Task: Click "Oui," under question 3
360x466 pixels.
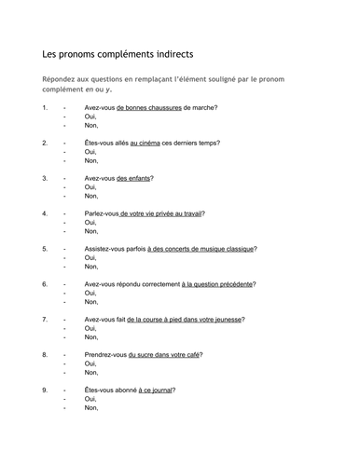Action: pyautogui.click(x=90, y=187)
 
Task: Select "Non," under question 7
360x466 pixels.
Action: pyautogui.click(x=91, y=337)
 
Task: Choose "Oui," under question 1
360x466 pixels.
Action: pyautogui.click(x=90, y=116)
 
